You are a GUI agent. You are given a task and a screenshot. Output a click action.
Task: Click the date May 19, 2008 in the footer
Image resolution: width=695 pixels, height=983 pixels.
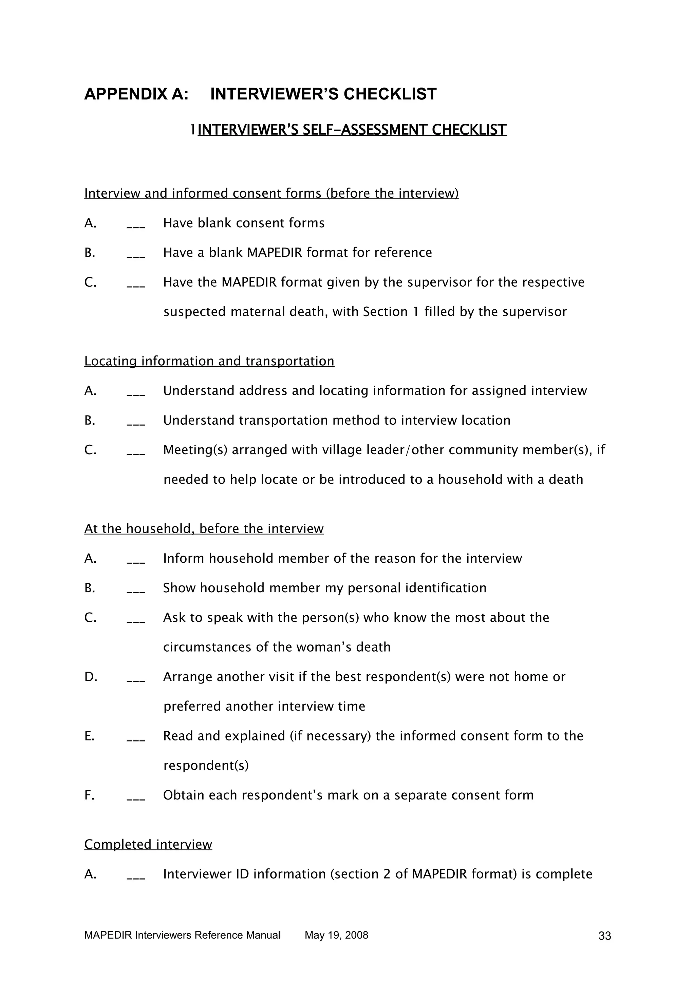336,947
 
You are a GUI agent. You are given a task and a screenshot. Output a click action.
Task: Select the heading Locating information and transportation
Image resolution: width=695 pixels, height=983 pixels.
209,361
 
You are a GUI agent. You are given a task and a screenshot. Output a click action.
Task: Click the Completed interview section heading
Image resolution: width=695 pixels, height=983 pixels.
148,844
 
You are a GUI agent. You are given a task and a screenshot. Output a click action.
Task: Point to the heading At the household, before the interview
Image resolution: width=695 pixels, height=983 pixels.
204,529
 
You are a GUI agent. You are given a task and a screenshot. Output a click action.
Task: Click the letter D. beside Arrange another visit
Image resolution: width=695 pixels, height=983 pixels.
91,677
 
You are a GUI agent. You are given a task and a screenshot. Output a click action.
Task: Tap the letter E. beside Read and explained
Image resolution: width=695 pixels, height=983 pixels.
90,736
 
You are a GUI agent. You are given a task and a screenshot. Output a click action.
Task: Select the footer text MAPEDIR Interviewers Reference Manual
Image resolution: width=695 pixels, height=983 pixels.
182,947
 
